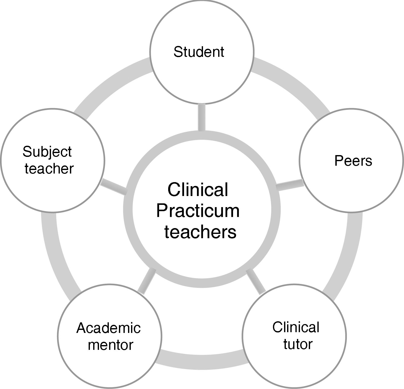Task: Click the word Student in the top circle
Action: tap(199, 52)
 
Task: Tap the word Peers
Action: tap(353, 161)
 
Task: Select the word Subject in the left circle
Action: tap(47, 152)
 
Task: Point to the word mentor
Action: tap(110, 345)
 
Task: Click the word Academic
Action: tap(108, 328)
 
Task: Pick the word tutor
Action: tap(298, 344)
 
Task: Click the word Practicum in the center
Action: tap(198, 211)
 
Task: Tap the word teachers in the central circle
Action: tap(200, 232)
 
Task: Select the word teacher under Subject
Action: tap(49, 168)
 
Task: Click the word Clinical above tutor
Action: tap(296, 327)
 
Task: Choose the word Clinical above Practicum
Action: tap(198, 190)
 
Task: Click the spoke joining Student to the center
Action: tap(201, 117)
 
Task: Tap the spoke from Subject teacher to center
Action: tap(114, 187)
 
